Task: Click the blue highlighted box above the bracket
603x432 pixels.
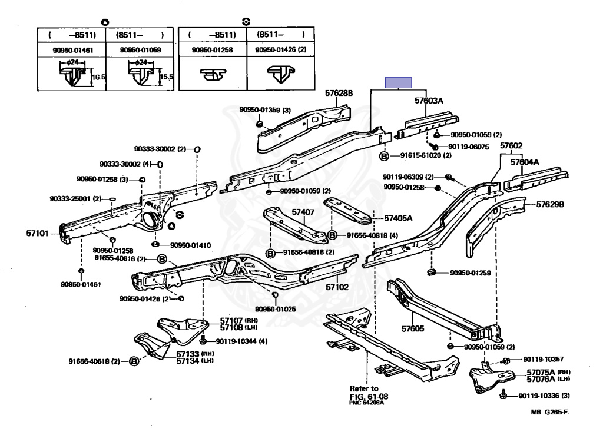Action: (x=399, y=83)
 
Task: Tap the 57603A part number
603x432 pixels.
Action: (x=429, y=101)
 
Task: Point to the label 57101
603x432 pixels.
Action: (x=37, y=234)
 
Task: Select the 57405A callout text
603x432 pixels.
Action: (x=399, y=218)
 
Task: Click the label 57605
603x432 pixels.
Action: (x=412, y=330)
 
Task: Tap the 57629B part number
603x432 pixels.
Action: (x=550, y=205)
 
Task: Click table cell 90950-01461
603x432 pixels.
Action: (x=72, y=50)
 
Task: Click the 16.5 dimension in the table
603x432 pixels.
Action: (x=98, y=77)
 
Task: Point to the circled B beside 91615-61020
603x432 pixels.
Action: (x=384, y=156)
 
